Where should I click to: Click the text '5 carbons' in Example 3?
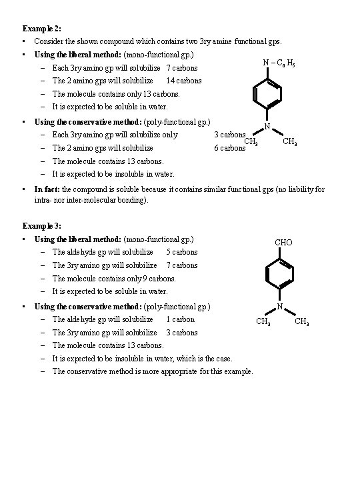coord(182,252)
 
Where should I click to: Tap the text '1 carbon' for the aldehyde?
coord(180,319)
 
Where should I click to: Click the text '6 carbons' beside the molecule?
coord(229,148)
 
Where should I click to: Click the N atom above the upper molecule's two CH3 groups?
coord(267,127)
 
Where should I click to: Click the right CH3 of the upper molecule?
coord(290,141)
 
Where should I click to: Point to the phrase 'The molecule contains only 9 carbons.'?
coord(114,278)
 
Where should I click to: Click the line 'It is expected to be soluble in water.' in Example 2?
coord(110,107)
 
